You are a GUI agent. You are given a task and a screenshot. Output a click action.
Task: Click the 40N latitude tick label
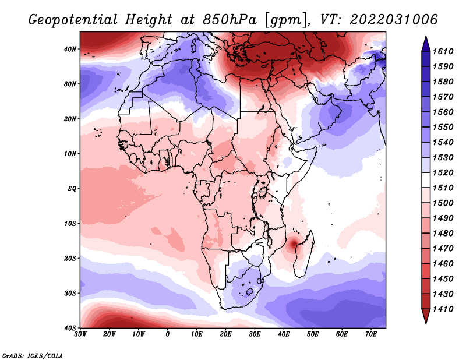(70, 49)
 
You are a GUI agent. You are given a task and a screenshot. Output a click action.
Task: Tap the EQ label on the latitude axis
(72, 189)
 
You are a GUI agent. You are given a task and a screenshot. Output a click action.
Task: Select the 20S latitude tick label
(70, 258)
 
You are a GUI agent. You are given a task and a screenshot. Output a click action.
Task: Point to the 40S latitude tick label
(70, 328)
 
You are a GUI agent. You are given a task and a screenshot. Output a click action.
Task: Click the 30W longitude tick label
(80, 334)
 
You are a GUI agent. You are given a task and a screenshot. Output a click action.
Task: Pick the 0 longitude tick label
(168, 334)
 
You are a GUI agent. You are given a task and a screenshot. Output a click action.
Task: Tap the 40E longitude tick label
(284, 334)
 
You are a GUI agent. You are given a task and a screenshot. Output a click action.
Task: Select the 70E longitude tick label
(371, 334)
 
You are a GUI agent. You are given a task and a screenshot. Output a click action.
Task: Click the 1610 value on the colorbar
(443, 51)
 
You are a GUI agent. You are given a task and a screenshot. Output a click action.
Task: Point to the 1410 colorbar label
(443, 309)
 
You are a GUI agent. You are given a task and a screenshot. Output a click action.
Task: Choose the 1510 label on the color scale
(443, 188)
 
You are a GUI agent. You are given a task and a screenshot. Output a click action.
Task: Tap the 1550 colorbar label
(443, 127)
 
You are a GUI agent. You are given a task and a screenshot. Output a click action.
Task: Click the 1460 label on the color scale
(443, 264)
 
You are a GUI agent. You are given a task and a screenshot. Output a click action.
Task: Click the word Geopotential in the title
(73, 20)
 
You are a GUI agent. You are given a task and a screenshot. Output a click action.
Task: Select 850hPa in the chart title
(230, 20)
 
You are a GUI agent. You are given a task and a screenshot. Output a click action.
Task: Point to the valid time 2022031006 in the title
(394, 20)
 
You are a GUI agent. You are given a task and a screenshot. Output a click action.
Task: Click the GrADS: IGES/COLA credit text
(33, 356)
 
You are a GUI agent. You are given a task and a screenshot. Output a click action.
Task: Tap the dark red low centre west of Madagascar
(294, 244)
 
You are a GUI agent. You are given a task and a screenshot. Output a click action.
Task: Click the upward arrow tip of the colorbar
(426, 36)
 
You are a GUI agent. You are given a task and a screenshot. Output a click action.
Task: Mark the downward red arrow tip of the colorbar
(426, 323)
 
